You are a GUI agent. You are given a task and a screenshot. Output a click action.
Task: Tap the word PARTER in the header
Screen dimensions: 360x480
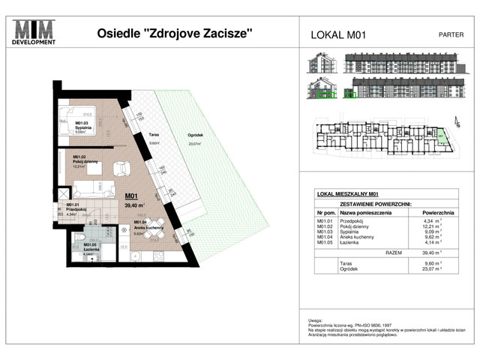point(450,34)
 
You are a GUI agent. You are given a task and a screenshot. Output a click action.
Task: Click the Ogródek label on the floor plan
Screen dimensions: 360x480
point(195,136)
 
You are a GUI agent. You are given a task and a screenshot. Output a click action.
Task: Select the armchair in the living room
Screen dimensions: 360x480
point(118,167)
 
